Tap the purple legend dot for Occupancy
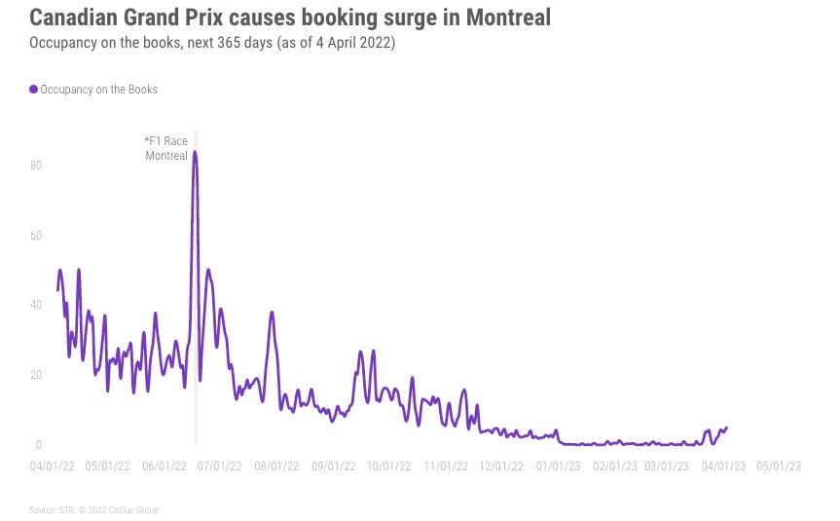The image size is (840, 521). [x=34, y=90]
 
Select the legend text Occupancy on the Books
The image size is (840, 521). [x=98, y=90]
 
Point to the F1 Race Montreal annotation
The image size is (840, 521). [x=166, y=149]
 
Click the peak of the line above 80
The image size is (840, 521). [x=195, y=152]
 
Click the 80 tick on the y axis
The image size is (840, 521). [x=35, y=166]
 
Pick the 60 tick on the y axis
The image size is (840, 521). [x=35, y=236]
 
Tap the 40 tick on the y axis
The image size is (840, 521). [x=35, y=305]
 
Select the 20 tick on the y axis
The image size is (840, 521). [x=35, y=375]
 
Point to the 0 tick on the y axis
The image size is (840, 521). [x=38, y=445]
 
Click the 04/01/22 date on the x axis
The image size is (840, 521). [x=52, y=466]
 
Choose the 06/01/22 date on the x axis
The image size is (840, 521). [x=164, y=466]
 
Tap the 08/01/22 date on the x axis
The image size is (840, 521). [x=276, y=466]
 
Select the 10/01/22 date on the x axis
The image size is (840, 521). [x=389, y=466]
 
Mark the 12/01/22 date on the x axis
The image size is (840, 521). [x=501, y=466]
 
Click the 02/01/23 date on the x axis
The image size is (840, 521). [x=614, y=466]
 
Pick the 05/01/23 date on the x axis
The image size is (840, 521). [x=779, y=466]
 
